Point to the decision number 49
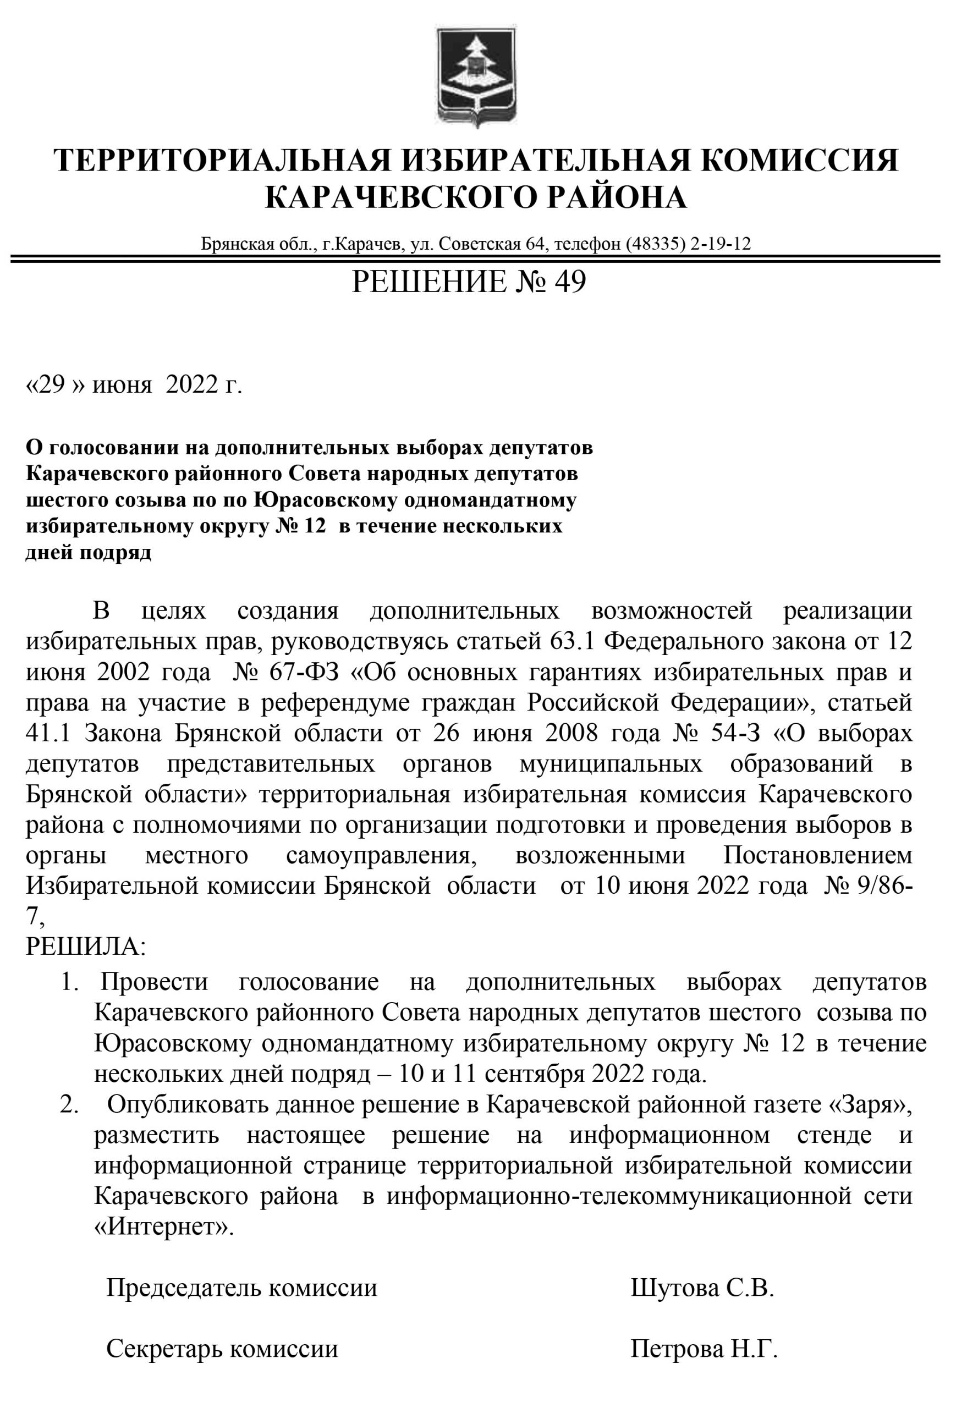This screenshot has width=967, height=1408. (570, 282)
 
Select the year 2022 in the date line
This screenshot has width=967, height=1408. (191, 384)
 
